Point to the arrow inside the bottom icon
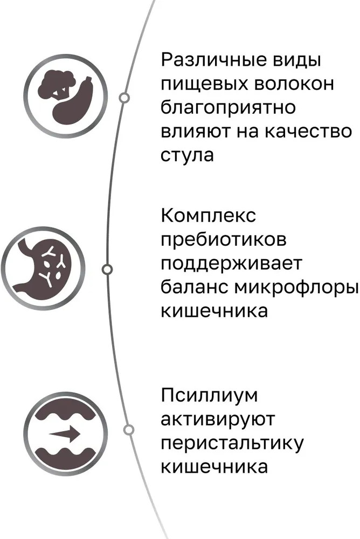point(64,433)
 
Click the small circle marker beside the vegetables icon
point(124,98)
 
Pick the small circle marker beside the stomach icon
point(107,269)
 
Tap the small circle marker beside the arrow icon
point(129,430)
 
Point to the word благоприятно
point(228,108)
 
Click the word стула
point(187,155)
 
